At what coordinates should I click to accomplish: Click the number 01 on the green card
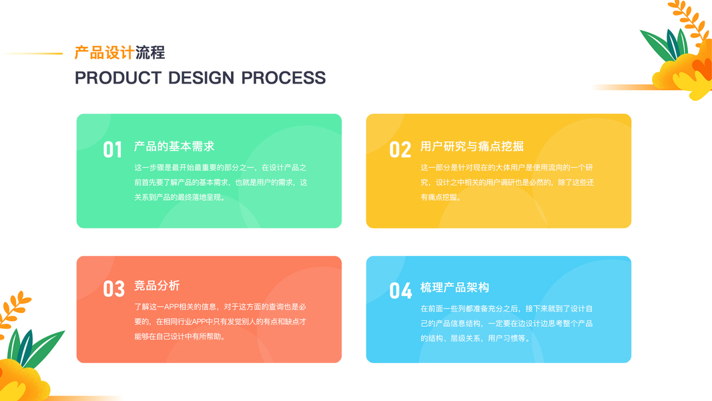[x=112, y=150]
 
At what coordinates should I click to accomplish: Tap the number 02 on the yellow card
[x=400, y=150]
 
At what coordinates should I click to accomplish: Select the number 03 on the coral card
[x=113, y=289]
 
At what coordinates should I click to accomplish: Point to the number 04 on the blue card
[x=400, y=291]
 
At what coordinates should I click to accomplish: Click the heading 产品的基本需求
[x=174, y=146]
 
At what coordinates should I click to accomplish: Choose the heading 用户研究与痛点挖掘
[x=472, y=146]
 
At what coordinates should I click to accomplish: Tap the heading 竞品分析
[x=157, y=285]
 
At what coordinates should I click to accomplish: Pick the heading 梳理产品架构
[x=454, y=287]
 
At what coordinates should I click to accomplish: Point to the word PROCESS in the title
[x=284, y=78]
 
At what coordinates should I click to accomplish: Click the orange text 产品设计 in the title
[x=104, y=53]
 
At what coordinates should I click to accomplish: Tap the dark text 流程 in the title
[x=150, y=53]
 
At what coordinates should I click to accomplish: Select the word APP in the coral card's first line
[x=173, y=307]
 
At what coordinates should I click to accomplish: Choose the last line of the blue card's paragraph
[x=475, y=338]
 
